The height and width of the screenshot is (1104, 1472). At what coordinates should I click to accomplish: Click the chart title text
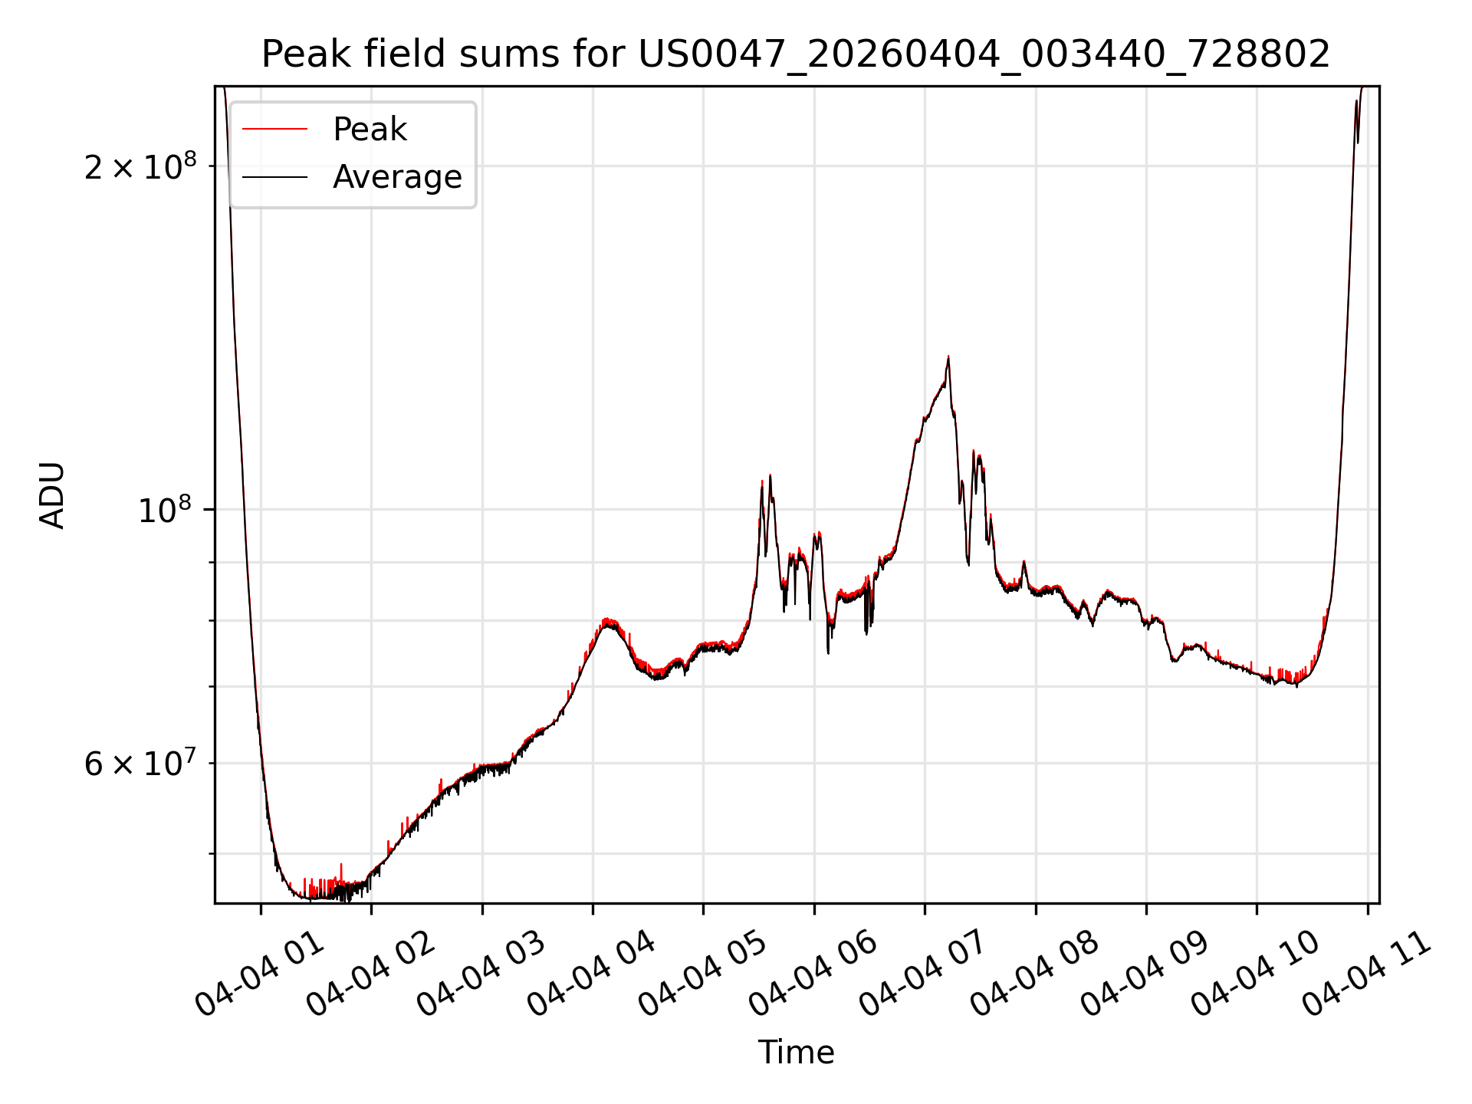(796, 54)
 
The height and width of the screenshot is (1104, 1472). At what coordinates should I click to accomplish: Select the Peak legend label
(370, 130)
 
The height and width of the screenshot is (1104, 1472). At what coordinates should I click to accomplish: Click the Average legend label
(397, 177)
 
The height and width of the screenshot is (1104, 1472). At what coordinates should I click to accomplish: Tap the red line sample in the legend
(275, 130)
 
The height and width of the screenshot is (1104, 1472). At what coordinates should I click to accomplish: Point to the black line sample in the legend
(275, 177)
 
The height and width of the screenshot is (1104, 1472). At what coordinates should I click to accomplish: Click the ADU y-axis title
(52, 495)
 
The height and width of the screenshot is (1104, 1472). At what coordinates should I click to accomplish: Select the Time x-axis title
(796, 1053)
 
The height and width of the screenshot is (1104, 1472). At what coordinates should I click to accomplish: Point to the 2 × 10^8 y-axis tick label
(140, 166)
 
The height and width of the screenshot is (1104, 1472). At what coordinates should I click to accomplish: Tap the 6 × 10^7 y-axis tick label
(140, 764)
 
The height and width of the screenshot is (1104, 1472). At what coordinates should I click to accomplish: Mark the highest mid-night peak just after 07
(948, 357)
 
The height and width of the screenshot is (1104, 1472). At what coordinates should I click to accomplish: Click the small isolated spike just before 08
(1024, 563)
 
